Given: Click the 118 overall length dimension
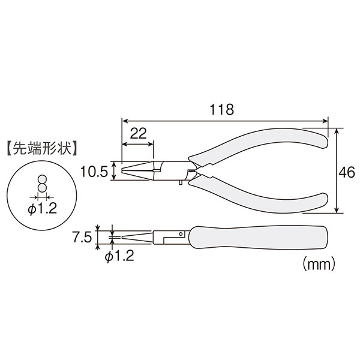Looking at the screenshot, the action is tap(222, 109).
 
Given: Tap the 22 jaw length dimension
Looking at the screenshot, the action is tap(138, 133).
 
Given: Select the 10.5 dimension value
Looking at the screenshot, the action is tap(94, 172).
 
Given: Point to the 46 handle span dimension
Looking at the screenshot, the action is tap(347, 172).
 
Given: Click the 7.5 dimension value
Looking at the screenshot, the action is tap(82, 237).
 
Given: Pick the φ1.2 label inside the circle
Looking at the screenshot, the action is tap(42, 209).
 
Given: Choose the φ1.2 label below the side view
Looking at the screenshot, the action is tap(119, 256).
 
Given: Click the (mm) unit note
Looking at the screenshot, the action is tap(319, 265).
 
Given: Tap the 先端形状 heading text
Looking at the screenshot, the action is tap(42, 149).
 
